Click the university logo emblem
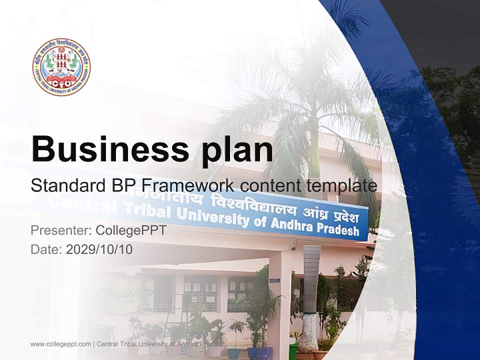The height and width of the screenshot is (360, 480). tap(61, 67)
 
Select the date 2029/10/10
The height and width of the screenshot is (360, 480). tap(99, 249)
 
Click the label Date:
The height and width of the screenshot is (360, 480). tap(46, 249)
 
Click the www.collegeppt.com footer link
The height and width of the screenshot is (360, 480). tap(60, 344)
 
